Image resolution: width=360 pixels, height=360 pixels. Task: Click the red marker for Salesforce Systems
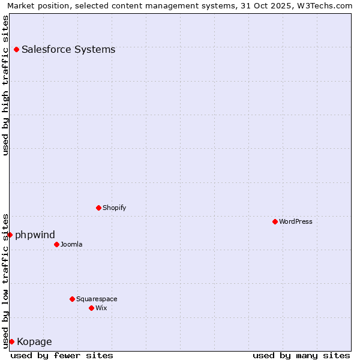click(16, 49)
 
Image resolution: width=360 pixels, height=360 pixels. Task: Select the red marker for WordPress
click(275, 221)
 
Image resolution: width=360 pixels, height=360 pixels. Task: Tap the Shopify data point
click(98, 208)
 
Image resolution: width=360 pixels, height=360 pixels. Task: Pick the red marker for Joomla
click(56, 244)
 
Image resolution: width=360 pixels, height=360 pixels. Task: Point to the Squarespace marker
click(72, 299)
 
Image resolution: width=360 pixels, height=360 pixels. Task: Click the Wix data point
click(91, 308)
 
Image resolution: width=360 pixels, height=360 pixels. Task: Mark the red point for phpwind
click(10, 235)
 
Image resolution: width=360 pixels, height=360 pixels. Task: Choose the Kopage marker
click(11, 341)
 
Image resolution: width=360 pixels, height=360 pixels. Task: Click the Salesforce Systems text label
click(68, 49)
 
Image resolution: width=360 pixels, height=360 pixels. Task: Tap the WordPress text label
click(296, 221)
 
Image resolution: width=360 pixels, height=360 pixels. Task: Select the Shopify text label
click(114, 208)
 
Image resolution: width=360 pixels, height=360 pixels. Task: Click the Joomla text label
click(71, 244)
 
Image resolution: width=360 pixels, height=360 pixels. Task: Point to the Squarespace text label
click(97, 299)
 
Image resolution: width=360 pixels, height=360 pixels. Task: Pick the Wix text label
click(101, 308)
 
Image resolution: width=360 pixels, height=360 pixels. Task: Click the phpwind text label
click(35, 235)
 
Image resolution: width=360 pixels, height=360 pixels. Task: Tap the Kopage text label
click(34, 342)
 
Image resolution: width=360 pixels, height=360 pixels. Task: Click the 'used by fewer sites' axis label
click(62, 355)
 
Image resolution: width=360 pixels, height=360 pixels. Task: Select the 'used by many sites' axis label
click(301, 355)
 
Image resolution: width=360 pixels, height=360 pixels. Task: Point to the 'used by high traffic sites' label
click(6, 85)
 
